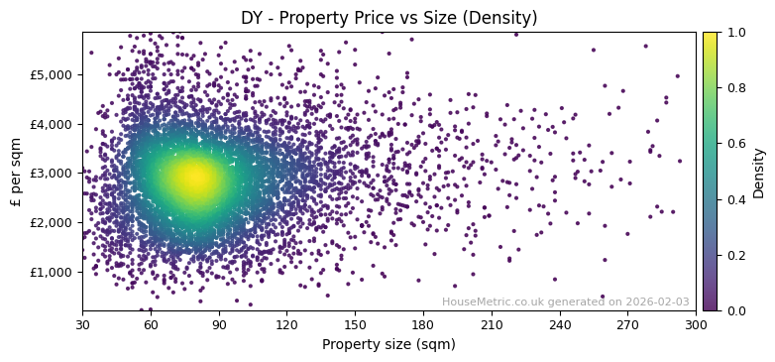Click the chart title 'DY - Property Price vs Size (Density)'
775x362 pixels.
pos(388,18)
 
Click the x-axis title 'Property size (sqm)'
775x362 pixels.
pos(388,345)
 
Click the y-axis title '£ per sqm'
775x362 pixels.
pos(16,172)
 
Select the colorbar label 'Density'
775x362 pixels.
pos(758,172)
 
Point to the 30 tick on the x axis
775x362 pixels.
pos(82,324)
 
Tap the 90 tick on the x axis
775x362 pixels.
pos(219,324)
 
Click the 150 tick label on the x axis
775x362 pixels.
pos(355,324)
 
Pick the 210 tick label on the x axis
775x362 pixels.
pos(492,324)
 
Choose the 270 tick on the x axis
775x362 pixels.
pos(627,324)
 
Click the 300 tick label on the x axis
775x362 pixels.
pos(696,324)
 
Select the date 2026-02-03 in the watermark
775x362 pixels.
pos(657,302)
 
